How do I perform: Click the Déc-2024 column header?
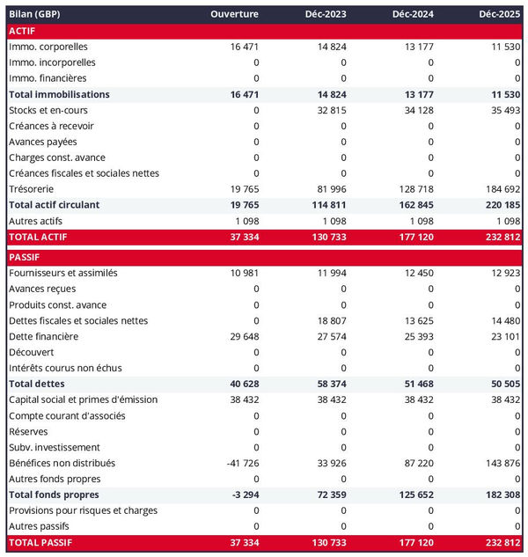point(412,14)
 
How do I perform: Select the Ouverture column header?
point(235,14)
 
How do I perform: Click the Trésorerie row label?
point(33,189)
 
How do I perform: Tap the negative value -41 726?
point(240,463)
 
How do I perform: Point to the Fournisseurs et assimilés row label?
point(62,273)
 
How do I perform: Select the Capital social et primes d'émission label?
point(83,399)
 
